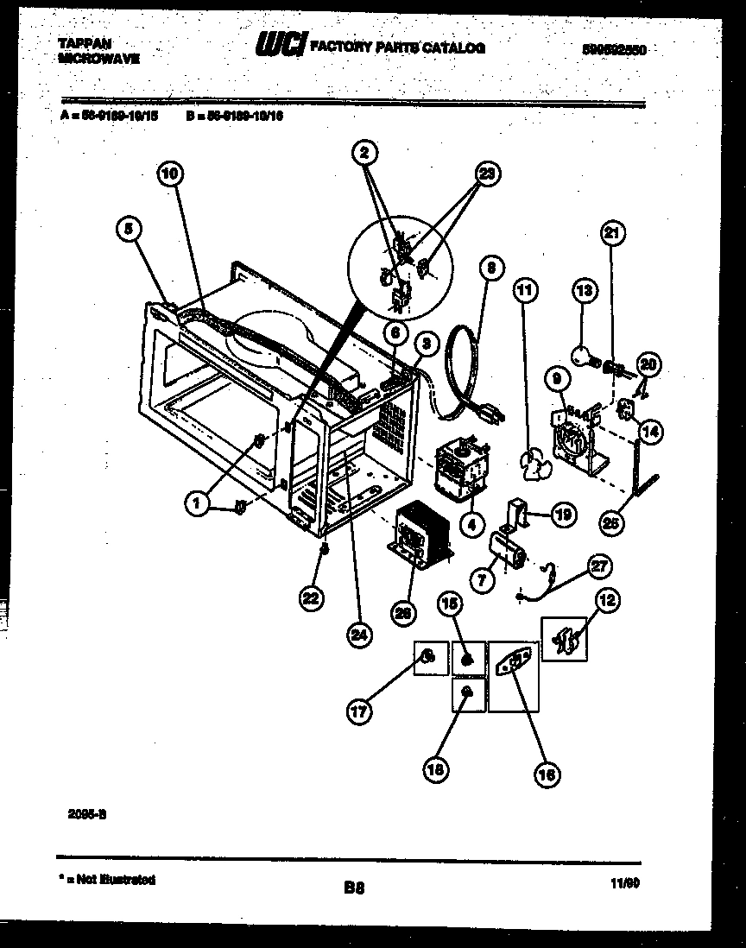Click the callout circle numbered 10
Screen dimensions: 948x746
171,174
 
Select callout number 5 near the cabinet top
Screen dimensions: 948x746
129,229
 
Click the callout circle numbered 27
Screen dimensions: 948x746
599,566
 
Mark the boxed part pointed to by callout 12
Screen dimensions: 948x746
565,640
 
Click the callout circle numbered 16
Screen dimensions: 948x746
546,774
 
